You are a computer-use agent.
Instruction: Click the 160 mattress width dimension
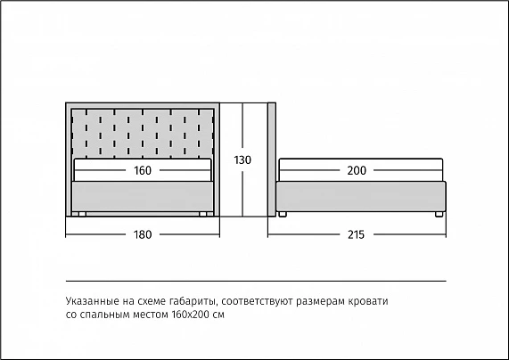click(x=143, y=170)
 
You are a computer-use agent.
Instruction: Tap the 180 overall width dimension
click(x=143, y=234)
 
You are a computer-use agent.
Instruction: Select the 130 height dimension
click(x=242, y=160)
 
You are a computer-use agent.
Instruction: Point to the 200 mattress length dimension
click(x=357, y=170)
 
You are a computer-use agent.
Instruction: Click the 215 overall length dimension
click(x=356, y=234)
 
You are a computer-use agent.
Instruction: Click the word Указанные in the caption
click(x=92, y=301)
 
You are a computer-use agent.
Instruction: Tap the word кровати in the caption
click(x=368, y=302)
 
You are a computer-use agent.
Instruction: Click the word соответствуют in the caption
click(x=259, y=302)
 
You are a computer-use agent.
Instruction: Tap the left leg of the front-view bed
click(x=82, y=214)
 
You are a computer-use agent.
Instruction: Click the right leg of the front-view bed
click(x=203, y=214)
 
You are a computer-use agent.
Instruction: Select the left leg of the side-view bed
click(x=283, y=214)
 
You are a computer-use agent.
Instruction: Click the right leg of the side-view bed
click(x=439, y=214)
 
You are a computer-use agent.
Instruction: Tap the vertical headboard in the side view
click(x=272, y=160)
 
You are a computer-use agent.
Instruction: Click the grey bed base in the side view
click(x=361, y=197)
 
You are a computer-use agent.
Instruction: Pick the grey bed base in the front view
click(x=143, y=197)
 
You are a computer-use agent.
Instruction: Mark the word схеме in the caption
click(x=152, y=302)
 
